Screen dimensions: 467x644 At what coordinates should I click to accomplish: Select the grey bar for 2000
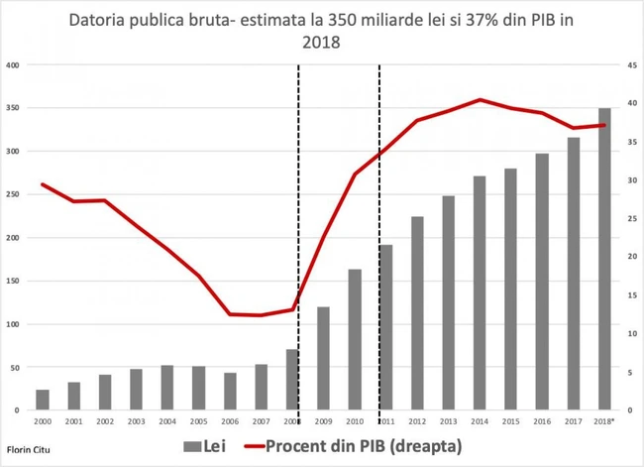tap(43, 400)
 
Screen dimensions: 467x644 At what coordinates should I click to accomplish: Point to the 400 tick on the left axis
tap(13, 65)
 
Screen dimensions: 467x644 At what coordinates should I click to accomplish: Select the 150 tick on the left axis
tap(13, 281)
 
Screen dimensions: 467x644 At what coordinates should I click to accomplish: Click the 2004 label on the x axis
tap(166, 421)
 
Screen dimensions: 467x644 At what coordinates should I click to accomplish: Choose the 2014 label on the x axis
tap(479, 421)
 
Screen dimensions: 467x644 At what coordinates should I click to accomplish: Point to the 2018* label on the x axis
tap(602, 421)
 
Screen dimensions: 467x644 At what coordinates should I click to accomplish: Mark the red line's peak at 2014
tap(480, 100)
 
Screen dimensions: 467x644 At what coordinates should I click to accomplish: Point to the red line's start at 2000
tap(43, 184)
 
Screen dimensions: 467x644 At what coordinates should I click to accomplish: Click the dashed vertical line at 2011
tap(379, 238)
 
